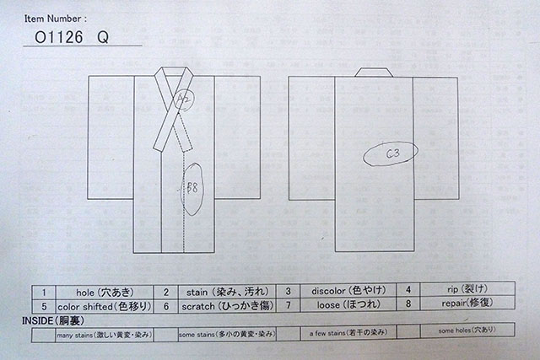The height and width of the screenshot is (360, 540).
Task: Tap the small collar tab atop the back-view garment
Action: pyautogui.click(x=374, y=72)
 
